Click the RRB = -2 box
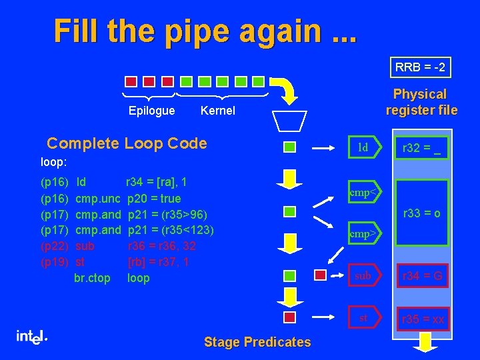(420, 67)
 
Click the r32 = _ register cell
(423, 148)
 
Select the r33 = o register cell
(423, 213)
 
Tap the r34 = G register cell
(423, 275)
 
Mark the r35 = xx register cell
(423, 319)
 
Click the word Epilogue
(151, 111)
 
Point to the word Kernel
(218, 111)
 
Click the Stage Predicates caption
(257, 342)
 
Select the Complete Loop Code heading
(127, 143)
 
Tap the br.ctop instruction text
(93, 278)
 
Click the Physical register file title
(420, 102)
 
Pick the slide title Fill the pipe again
(205, 31)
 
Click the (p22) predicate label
(53, 246)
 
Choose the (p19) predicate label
(53, 262)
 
